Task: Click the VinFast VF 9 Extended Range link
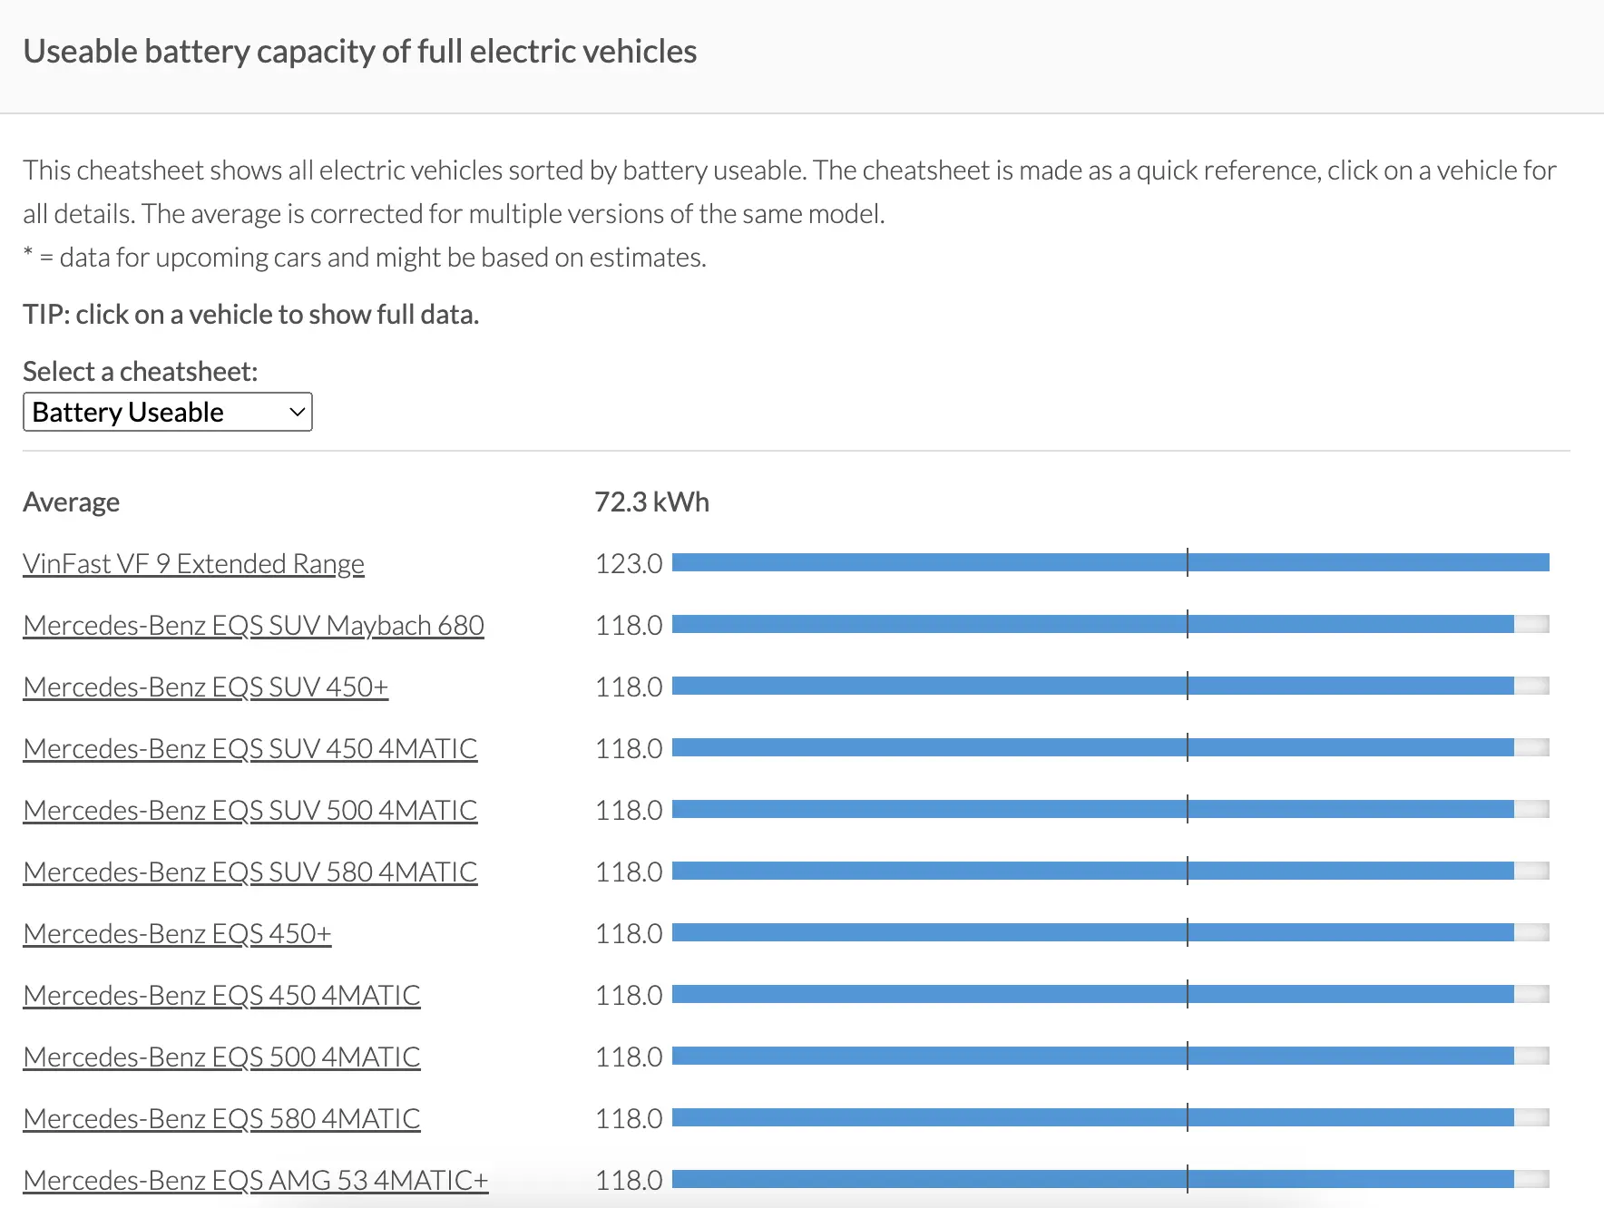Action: pos(193,564)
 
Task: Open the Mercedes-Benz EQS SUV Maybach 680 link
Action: pos(253,626)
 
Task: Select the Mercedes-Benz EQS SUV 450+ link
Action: pos(205,687)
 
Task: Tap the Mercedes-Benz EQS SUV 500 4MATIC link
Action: pos(249,811)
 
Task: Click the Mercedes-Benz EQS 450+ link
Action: pos(177,934)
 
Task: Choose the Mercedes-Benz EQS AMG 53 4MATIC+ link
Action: pos(255,1181)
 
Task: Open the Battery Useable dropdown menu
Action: pos(168,413)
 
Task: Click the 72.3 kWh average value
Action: pos(651,502)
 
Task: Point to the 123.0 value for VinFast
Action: pos(629,564)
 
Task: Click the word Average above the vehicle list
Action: pos(71,502)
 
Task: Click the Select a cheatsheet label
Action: pos(140,372)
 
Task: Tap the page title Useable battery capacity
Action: pos(359,52)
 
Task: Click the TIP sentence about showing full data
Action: pos(250,315)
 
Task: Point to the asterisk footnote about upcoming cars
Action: pos(364,258)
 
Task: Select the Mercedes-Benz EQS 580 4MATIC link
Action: pos(221,1119)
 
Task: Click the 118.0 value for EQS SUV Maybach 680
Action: pos(629,626)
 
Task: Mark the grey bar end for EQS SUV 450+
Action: pos(1531,687)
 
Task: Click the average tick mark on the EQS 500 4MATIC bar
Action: pos(1187,1057)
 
